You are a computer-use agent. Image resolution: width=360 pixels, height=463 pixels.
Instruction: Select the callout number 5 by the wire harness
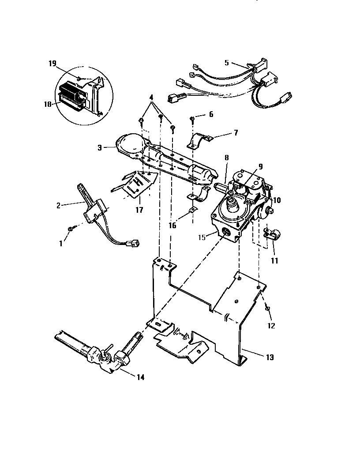click(226, 63)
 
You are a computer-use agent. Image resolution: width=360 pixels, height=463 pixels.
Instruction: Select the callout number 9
click(260, 166)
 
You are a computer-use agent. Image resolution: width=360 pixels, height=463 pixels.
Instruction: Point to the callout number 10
click(277, 200)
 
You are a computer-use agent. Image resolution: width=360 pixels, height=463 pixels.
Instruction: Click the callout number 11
click(274, 260)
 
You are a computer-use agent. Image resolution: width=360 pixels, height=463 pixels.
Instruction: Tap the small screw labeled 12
click(268, 308)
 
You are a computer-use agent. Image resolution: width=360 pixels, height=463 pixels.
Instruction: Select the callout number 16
click(172, 225)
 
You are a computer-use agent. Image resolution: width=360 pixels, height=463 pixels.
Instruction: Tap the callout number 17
click(139, 210)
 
